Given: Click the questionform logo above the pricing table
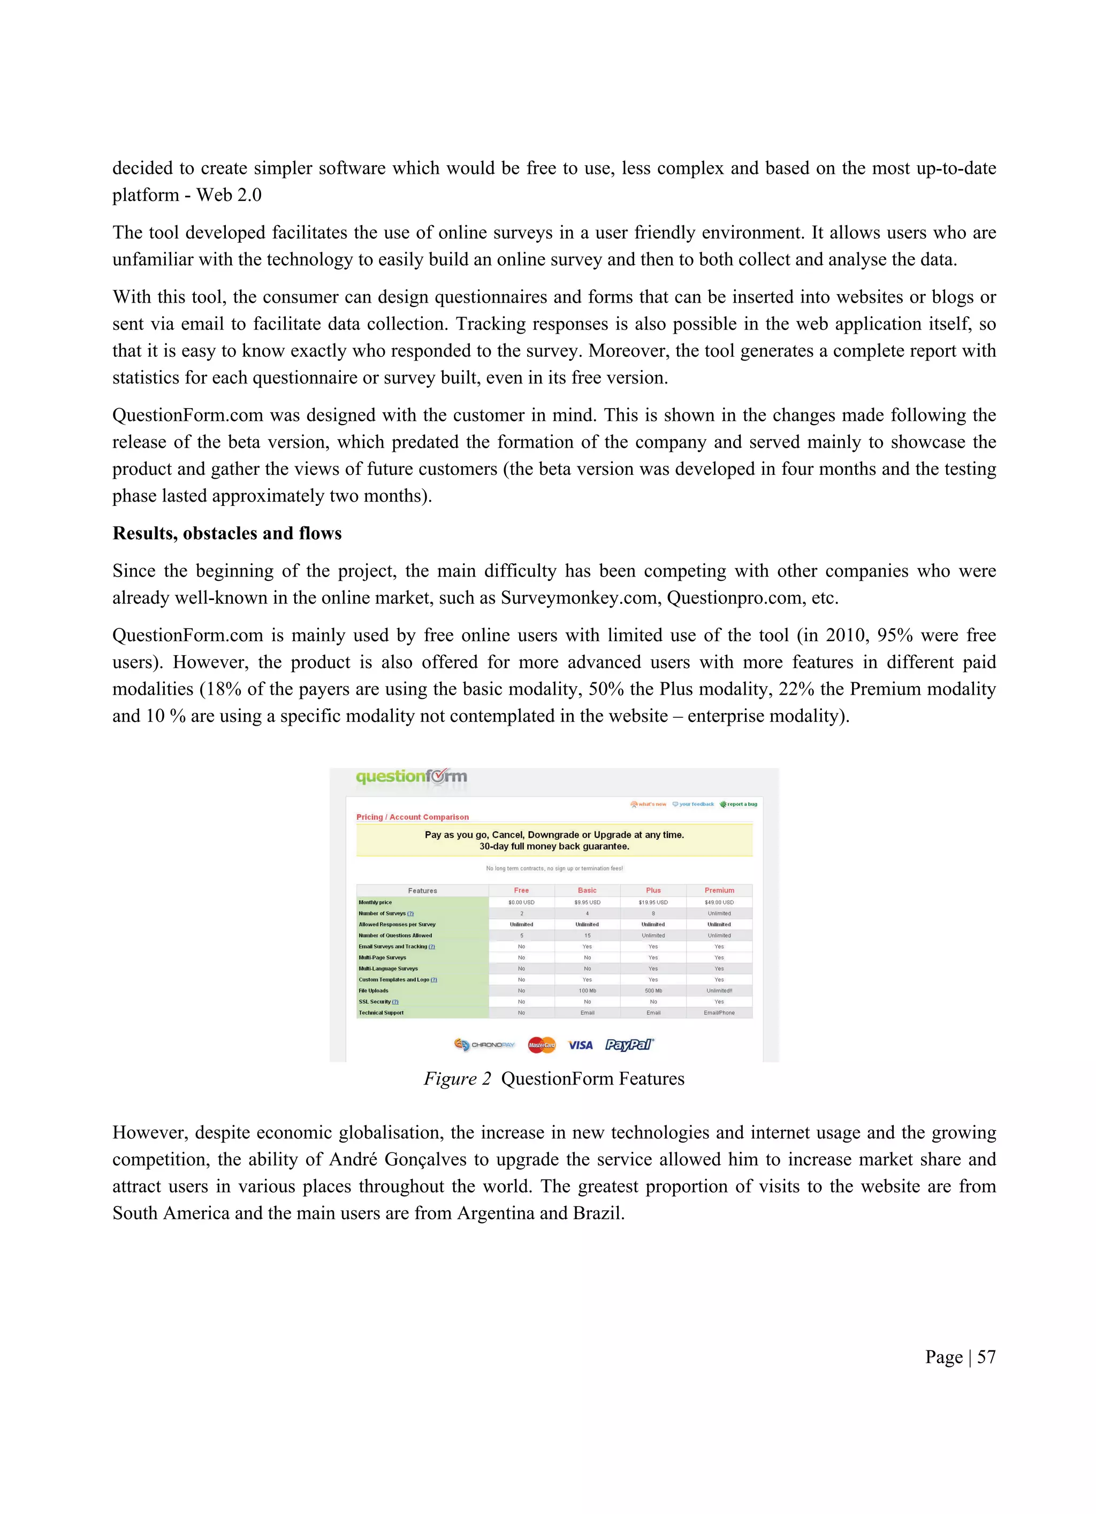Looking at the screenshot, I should tap(411, 777).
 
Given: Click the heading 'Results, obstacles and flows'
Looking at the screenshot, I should tap(226, 533).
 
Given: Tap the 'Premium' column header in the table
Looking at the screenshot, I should tap(719, 890).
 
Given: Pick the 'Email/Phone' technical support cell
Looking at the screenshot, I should tap(719, 1013).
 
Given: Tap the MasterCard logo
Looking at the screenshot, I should tap(541, 1046).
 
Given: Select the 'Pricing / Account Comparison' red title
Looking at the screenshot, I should tap(412, 817).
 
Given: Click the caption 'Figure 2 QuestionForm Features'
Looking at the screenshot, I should tap(554, 1079).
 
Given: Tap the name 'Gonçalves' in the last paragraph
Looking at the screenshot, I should tap(425, 1159).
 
